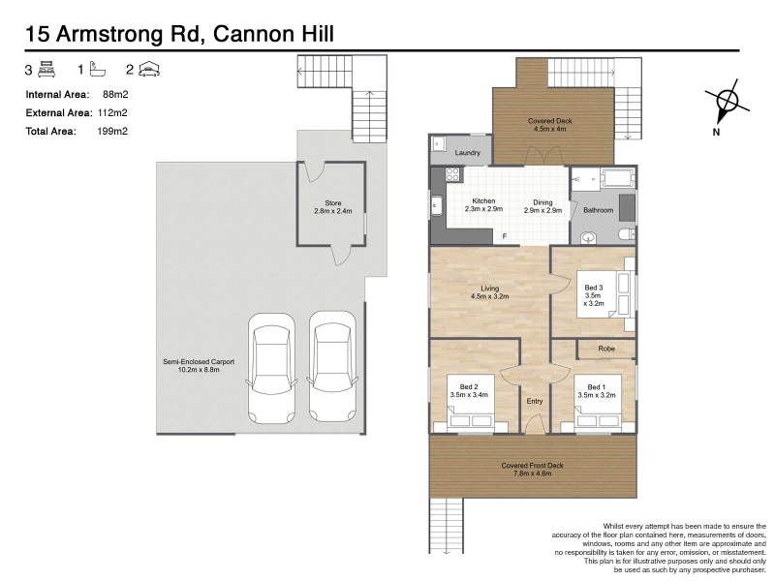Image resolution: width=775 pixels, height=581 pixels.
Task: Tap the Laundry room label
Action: pyautogui.click(x=468, y=153)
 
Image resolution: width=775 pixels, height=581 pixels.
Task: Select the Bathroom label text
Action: pyautogui.click(x=598, y=210)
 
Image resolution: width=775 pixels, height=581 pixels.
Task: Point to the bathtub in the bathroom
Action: pyautogui.click(x=617, y=178)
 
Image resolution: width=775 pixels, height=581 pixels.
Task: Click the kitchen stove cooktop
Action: pyautogui.click(x=452, y=174)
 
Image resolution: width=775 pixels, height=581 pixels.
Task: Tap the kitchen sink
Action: pyautogui.click(x=437, y=206)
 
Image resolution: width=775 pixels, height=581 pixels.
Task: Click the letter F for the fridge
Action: pyautogui.click(x=505, y=236)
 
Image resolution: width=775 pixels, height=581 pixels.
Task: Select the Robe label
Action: pyautogui.click(x=606, y=349)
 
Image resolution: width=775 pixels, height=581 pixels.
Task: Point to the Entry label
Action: pyautogui.click(x=535, y=401)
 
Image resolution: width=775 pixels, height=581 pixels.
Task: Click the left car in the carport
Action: pyautogui.click(x=271, y=368)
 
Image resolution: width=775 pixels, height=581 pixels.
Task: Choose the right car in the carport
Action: pyautogui.click(x=332, y=366)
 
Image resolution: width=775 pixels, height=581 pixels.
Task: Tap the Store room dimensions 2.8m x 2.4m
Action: pyautogui.click(x=333, y=211)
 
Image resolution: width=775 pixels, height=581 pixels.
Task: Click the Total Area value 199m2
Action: pyautogui.click(x=112, y=131)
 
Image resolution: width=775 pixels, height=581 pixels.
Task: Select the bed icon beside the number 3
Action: pyautogui.click(x=46, y=70)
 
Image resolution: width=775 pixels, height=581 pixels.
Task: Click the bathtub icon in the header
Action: pyautogui.click(x=98, y=70)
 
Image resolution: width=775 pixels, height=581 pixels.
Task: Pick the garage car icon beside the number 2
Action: pyautogui.click(x=149, y=70)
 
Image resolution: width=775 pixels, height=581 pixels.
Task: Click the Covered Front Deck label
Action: pyautogui.click(x=532, y=466)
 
